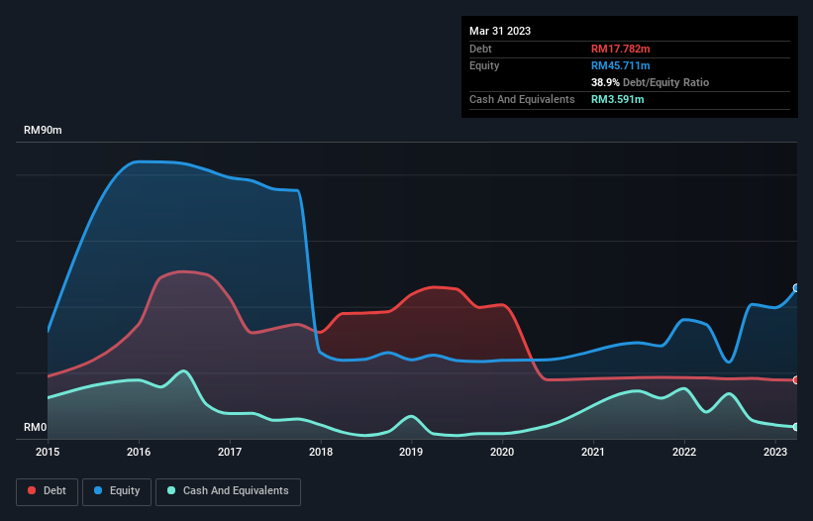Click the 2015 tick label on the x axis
48,452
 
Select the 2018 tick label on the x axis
321,452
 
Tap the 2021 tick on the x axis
593,452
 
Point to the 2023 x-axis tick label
774,452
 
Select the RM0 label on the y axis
35,428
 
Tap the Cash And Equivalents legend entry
228,491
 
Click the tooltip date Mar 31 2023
500,31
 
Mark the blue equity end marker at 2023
796,288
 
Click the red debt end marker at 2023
796,380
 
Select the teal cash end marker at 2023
796,427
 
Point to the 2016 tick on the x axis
139,452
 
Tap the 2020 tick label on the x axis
502,452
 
